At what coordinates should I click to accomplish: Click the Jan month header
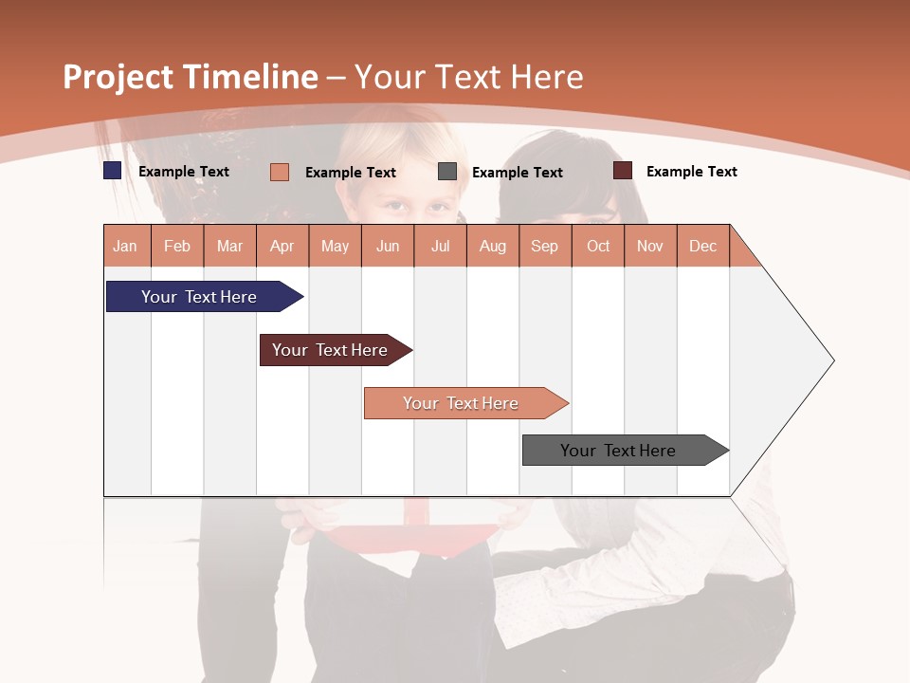(125, 246)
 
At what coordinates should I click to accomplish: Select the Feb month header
(177, 246)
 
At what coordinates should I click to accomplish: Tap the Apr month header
(282, 246)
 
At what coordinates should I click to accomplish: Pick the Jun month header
(388, 246)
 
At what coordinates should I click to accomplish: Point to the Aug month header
(493, 246)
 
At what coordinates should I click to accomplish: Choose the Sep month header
(545, 246)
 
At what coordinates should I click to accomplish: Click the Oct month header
(598, 246)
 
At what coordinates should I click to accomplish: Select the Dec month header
(703, 246)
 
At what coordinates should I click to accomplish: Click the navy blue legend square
(113, 171)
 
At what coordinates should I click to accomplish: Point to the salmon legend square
(280, 172)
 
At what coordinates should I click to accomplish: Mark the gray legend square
(447, 172)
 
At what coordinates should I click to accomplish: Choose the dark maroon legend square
(623, 171)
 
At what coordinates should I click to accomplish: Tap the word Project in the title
(118, 77)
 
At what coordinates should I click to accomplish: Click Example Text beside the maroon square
(691, 171)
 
